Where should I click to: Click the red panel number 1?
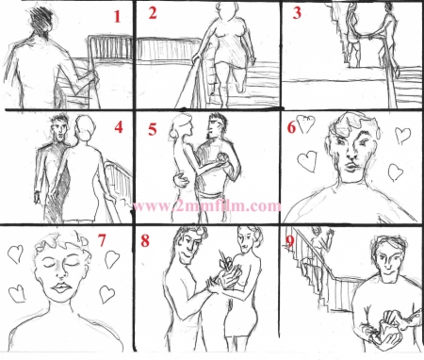tap(117, 17)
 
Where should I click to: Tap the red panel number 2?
tap(153, 13)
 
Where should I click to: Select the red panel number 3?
tap(297, 13)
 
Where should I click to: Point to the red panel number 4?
tap(119, 127)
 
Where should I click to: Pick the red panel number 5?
tap(153, 129)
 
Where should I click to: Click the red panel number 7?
tap(102, 240)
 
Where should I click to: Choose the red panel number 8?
tap(145, 241)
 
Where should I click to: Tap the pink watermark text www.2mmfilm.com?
tap(206, 206)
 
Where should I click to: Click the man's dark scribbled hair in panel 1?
tap(42, 19)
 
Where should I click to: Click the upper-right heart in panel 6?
tap(402, 135)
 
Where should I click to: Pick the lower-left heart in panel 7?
tap(17, 294)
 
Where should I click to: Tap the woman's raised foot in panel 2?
tap(241, 88)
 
